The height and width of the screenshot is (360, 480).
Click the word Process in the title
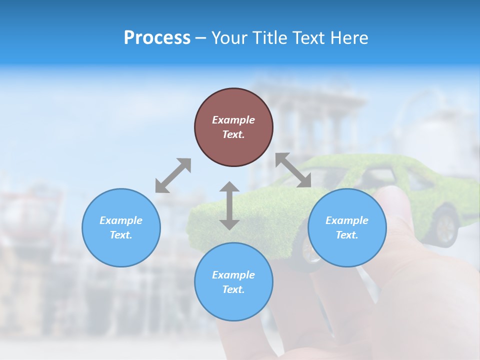pyautogui.click(x=157, y=38)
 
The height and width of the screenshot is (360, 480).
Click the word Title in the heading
pyautogui.click(x=269, y=38)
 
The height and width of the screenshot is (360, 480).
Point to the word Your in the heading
pyautogui.click(x=230, y=38)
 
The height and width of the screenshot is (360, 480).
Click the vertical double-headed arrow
pyautogui.click(x=229, y=205)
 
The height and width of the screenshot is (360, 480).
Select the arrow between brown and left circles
pyautogui.click(x=173, y=175)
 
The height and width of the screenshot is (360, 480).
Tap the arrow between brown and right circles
pyautogui.click(x=293, y=170)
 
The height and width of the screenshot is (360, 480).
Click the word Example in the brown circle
pyautogui.click(x=233, y=120)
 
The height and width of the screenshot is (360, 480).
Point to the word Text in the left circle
pyautogui.click(x=121, y=235)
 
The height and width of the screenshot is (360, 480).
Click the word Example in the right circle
pyautogui.click(x=347, y=220)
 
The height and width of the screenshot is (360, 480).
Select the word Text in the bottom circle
pyautogui.click(x=233, y=289)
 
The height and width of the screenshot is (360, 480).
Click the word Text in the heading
pyautogui.click(x=308, y=38)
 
